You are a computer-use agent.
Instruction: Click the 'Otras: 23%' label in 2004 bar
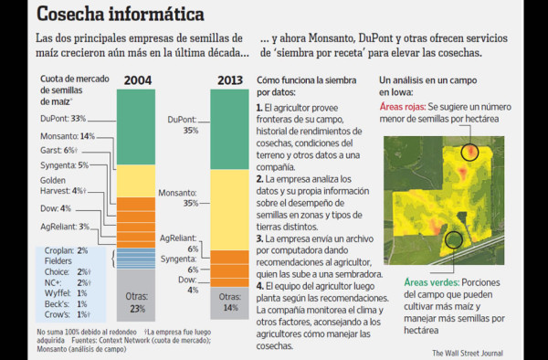tap(136, 302)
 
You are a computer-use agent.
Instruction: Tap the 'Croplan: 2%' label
tap(69, 249)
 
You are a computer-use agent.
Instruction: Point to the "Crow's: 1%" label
tap(68, 314)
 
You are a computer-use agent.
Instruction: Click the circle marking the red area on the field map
tap(469, 152)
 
